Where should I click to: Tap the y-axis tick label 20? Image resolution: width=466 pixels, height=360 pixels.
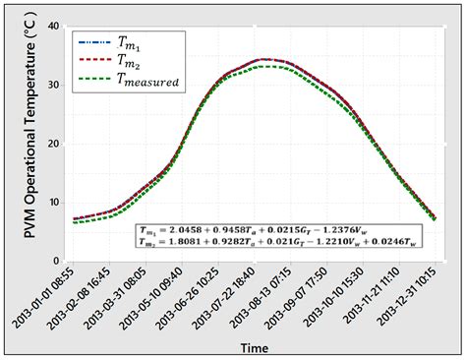point(48,144)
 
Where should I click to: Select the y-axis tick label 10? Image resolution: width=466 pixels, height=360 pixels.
point(48,203)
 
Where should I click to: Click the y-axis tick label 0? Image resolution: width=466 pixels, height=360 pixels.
point(52,261)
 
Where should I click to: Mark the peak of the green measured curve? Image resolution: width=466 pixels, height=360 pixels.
point(271,66)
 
